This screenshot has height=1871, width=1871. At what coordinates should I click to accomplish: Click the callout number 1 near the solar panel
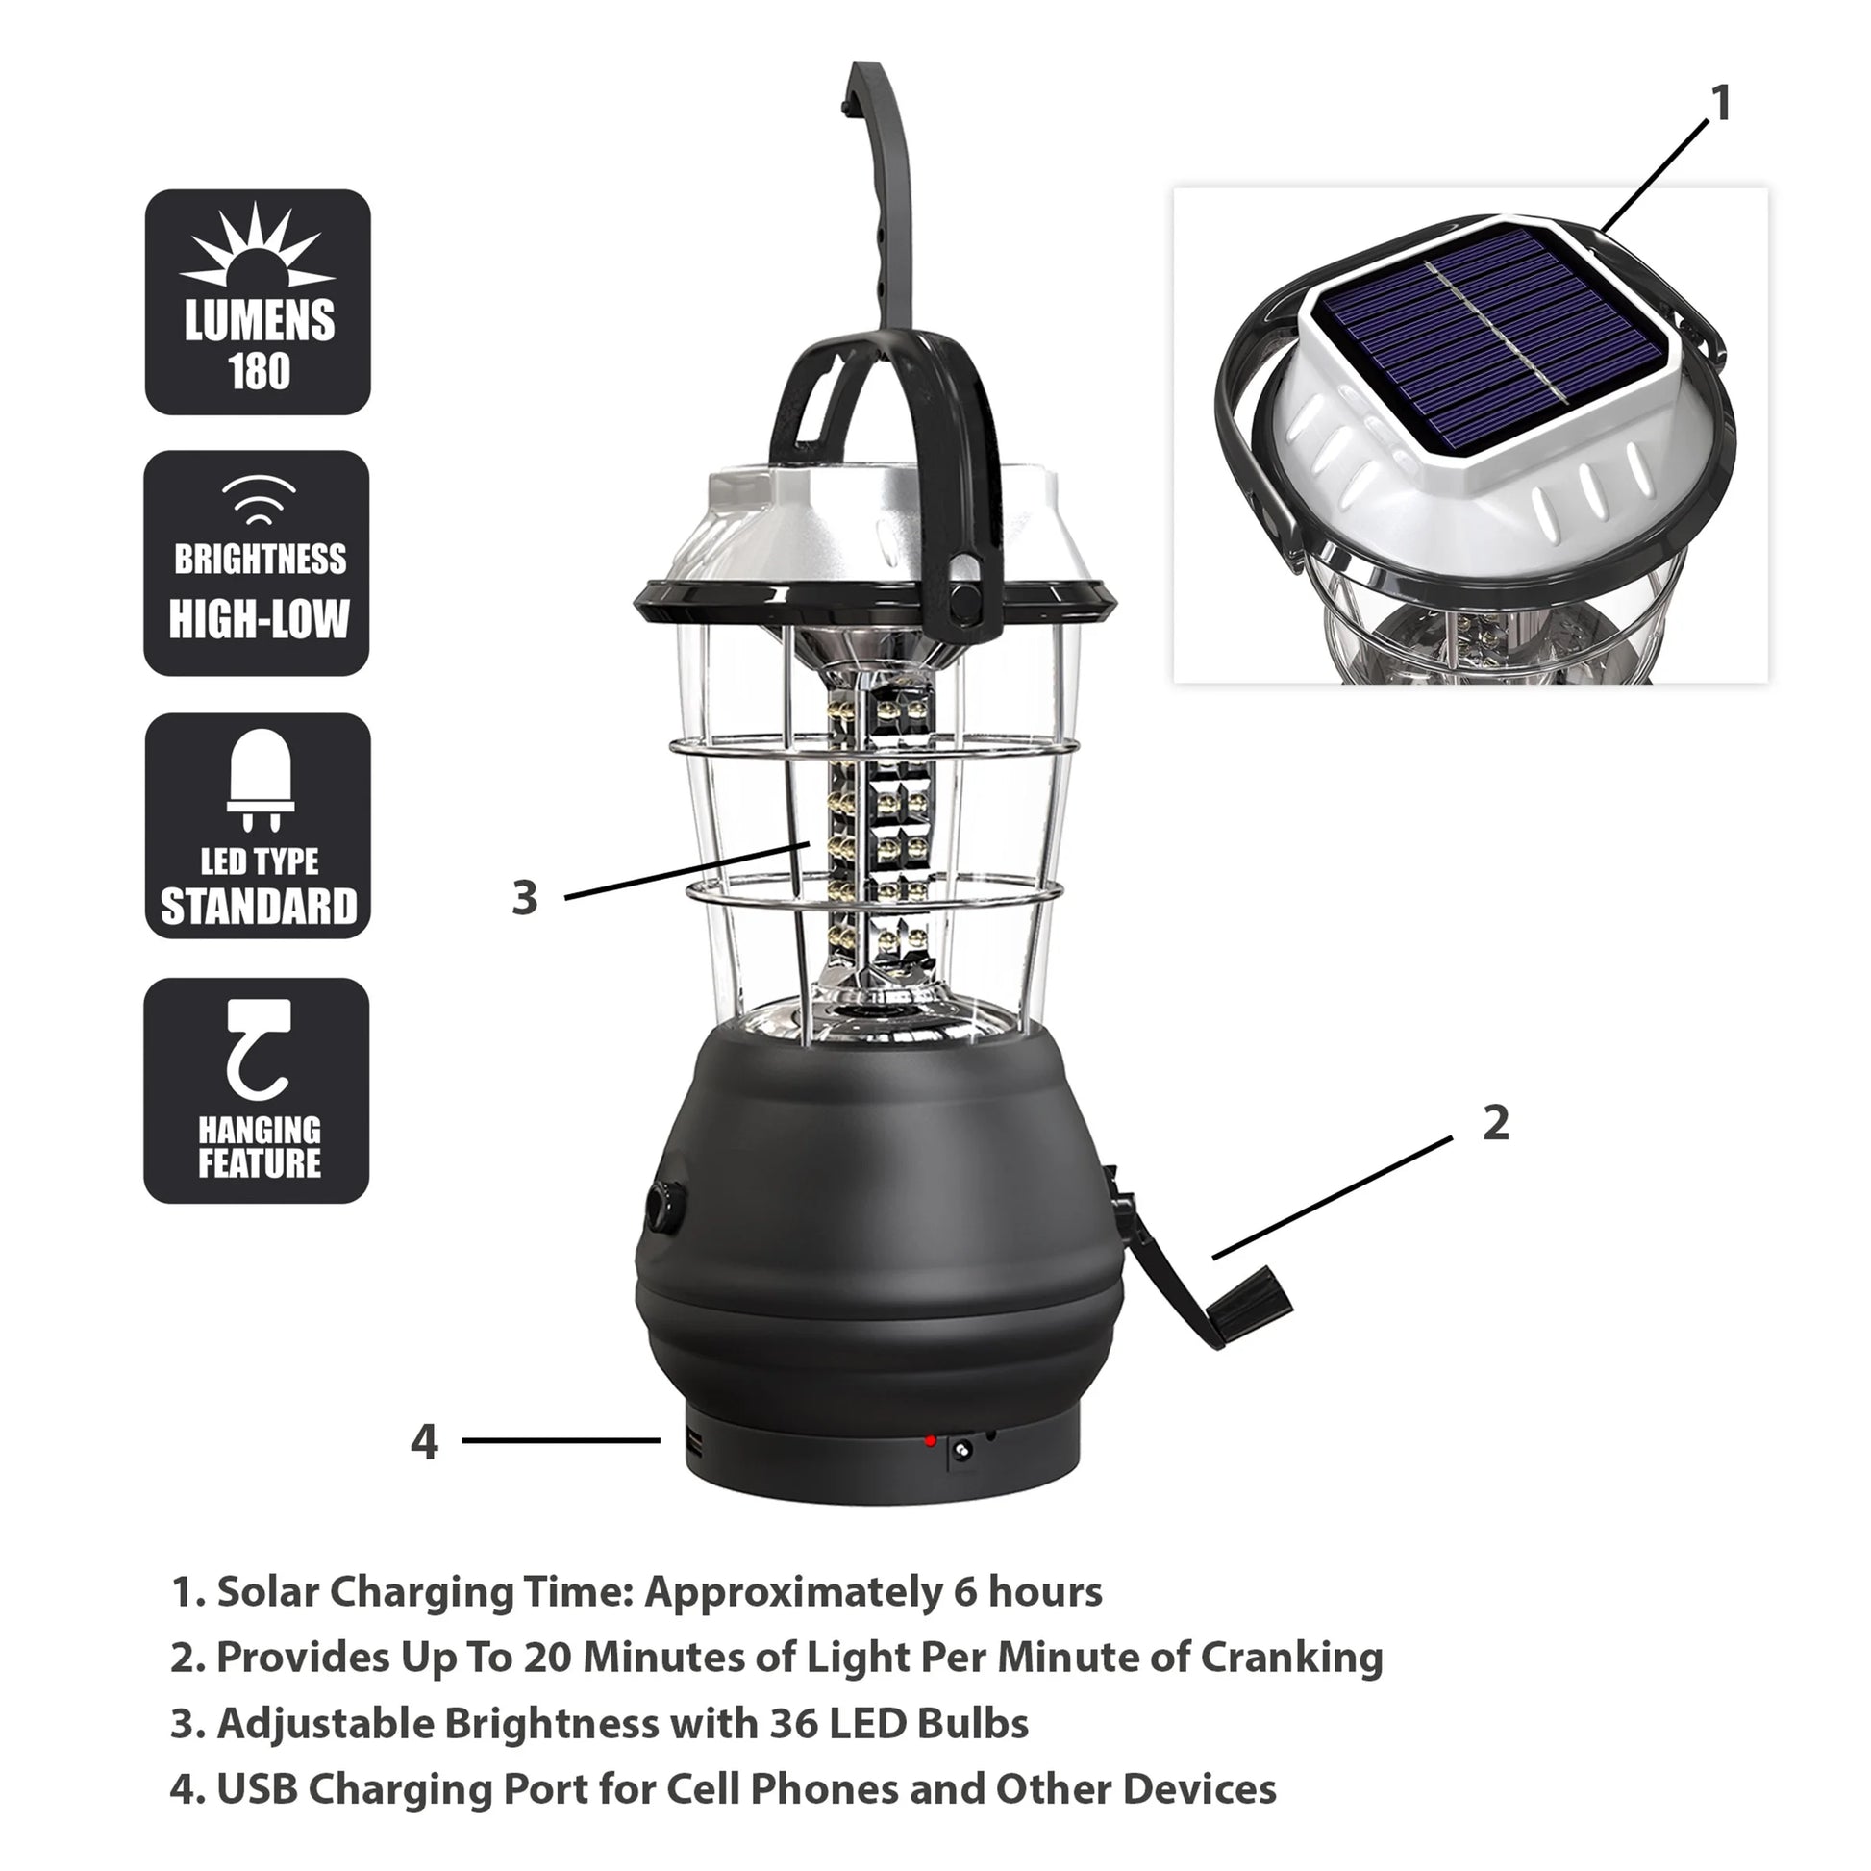(x=1721, y=104)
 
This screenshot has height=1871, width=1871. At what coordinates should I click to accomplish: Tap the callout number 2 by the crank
(x=1496, y=1122)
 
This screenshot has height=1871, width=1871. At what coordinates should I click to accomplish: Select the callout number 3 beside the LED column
(x=525, y=898)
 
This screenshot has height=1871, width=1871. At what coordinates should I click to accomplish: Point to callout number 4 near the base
(x=424, y=1442)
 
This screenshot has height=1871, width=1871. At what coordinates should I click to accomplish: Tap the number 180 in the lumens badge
(x=259, y=372)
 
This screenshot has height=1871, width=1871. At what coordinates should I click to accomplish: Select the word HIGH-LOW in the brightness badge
(x=259, y=620)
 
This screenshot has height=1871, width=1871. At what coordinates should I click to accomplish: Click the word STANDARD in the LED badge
(x=259, y=908)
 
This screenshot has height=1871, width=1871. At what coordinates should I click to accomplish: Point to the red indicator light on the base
(x=930, y=1442)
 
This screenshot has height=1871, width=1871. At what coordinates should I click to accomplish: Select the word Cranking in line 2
(x=1292, y=1657)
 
